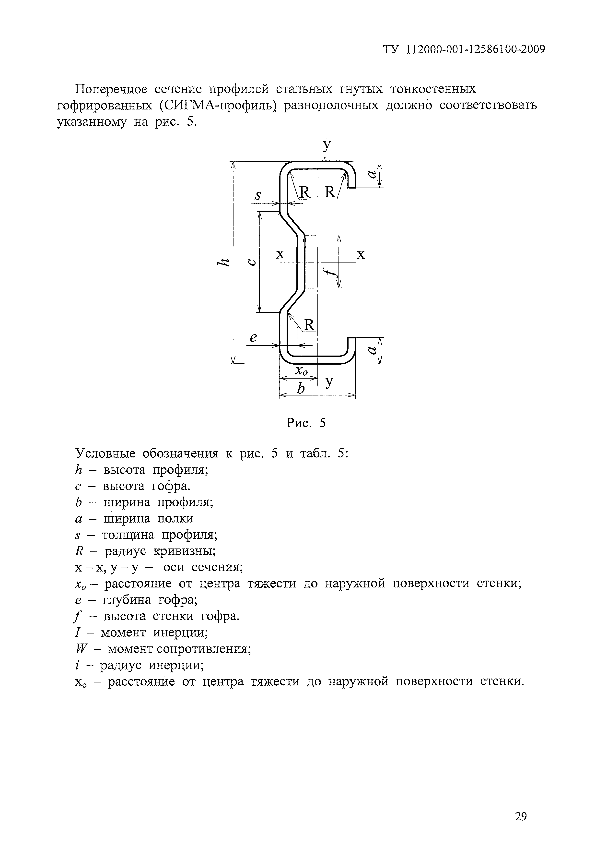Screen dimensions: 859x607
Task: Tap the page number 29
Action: pos(521,817)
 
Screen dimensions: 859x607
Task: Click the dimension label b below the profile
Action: pos(301,389)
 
